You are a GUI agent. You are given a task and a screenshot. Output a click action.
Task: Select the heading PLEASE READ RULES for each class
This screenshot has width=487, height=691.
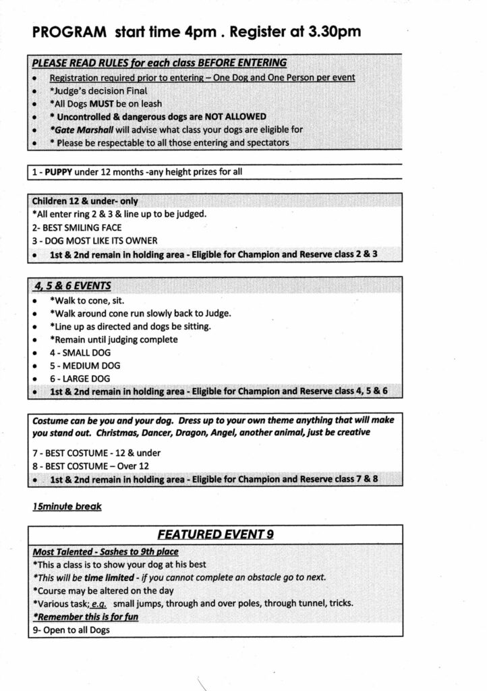coord(159,63)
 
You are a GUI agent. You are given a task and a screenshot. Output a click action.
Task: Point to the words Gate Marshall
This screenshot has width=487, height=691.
coord(84,129)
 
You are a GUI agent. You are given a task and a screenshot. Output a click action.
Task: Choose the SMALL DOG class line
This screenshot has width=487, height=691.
coord(80,352)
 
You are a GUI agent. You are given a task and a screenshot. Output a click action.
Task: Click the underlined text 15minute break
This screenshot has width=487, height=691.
coord(67,505)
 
